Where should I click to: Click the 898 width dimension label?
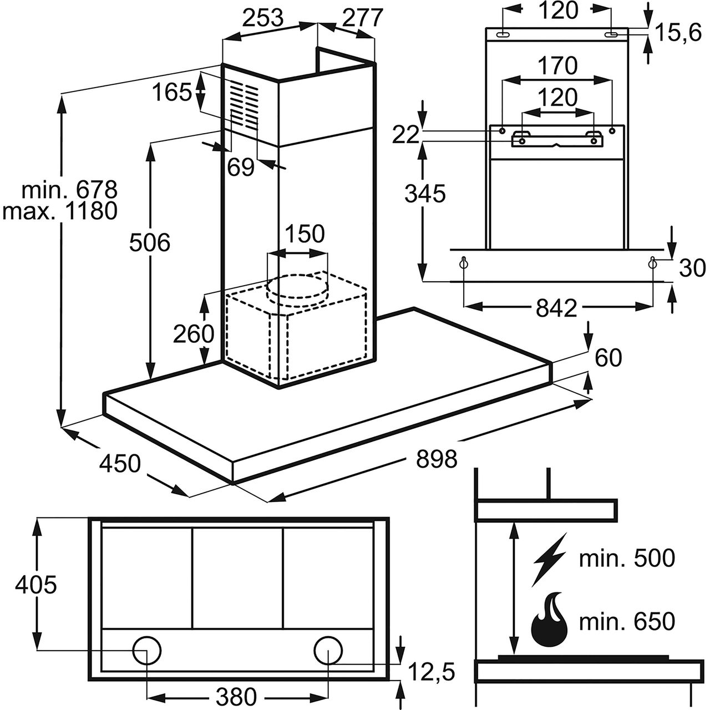(437, 459)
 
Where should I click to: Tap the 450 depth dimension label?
(120, 463)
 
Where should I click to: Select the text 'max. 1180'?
(60, 211)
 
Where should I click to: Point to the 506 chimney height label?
(150, 242)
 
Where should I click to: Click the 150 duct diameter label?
(305, 233)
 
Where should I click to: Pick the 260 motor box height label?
(194, 334)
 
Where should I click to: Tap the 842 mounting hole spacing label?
(556, 308)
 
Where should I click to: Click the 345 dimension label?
(425, 194)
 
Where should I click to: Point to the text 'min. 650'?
(627, 621)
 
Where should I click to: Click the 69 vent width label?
(241, 168)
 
